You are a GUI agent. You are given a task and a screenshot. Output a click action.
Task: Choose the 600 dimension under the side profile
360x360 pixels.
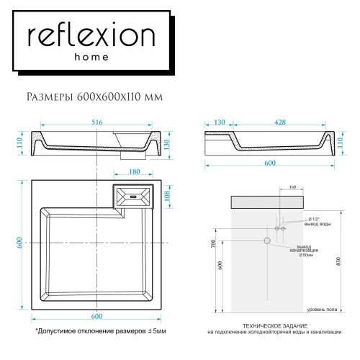[x=270, y=163]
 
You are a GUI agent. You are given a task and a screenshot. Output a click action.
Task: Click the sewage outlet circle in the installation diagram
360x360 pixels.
[x=266, y=240]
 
